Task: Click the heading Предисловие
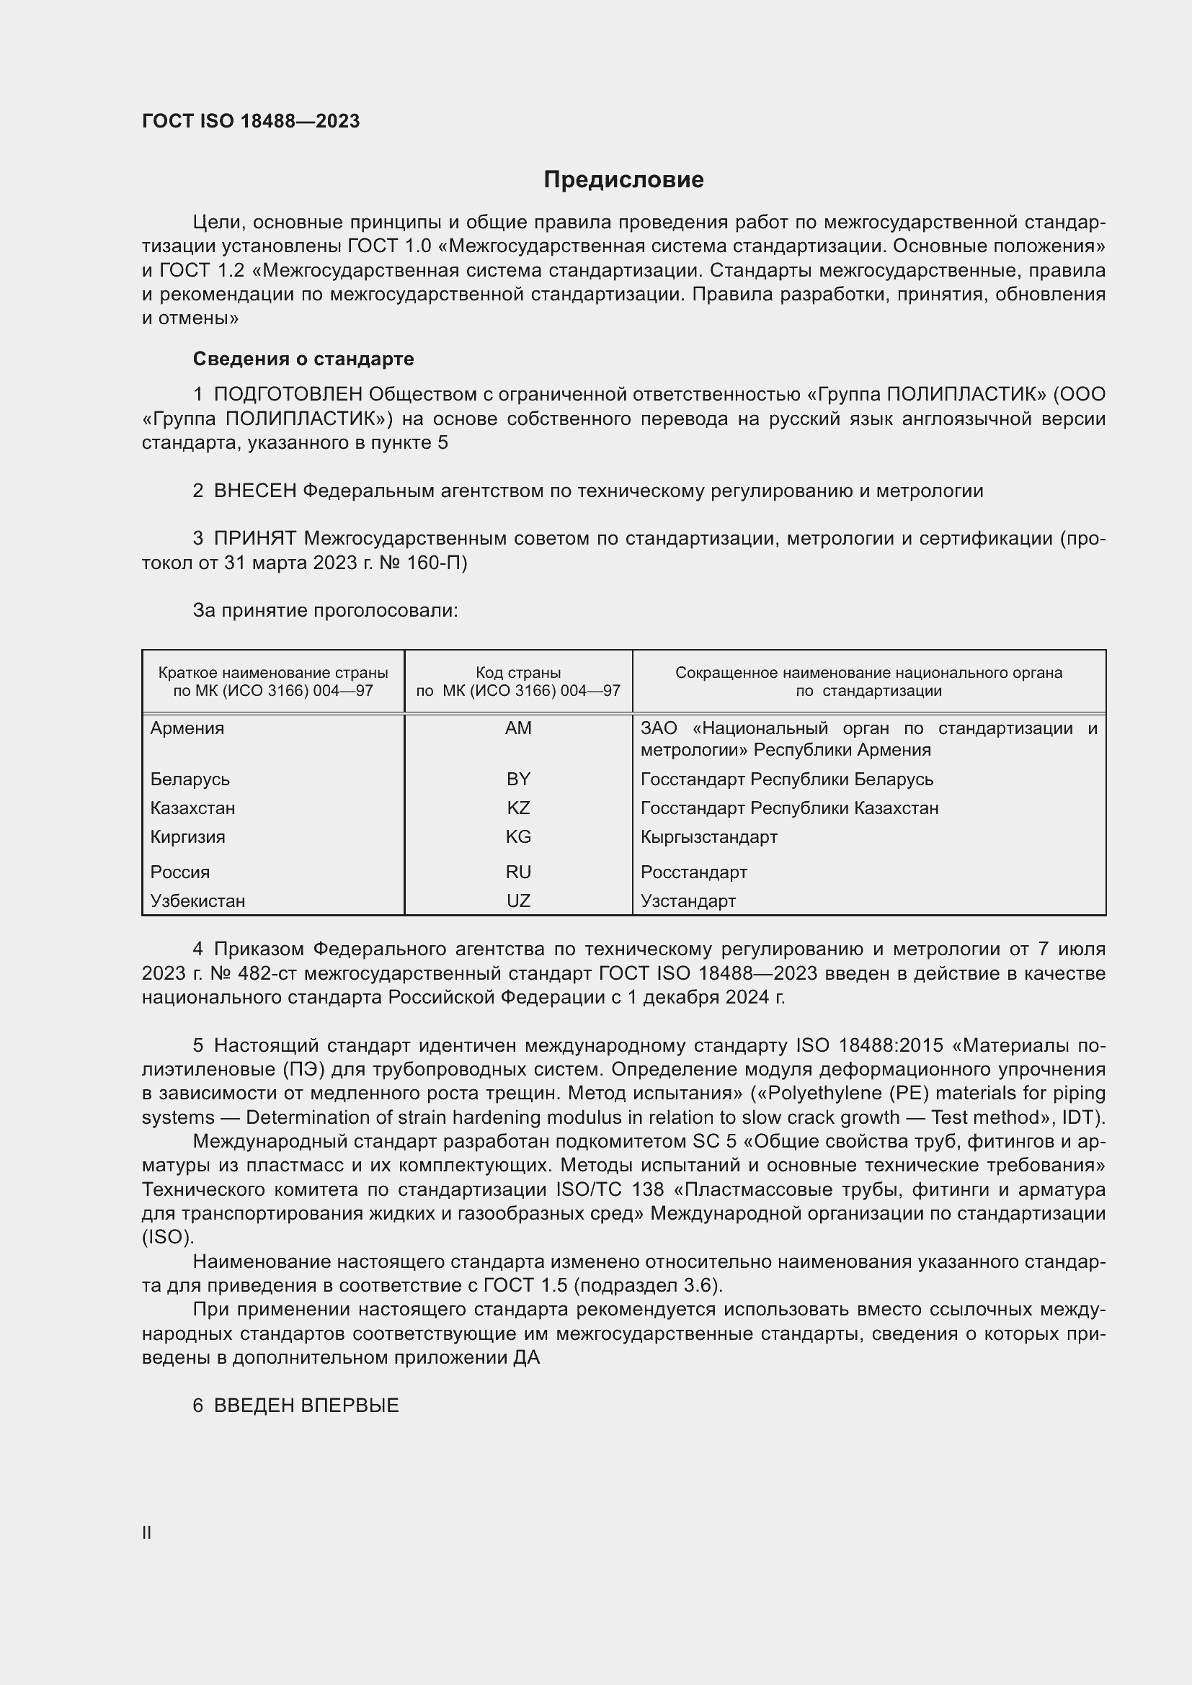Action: tap(623, 180)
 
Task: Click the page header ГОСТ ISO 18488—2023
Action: tap(251, 122)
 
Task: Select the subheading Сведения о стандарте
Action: tap(303, 359)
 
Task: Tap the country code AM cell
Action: tap(518, 728)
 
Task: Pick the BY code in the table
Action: tap(518, 779)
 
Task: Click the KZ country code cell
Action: tap(518, 808)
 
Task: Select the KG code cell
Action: tap(518, 836)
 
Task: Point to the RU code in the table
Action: tap(518, 872)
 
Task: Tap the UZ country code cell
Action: tap(518, 900)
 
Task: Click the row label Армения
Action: tap(187, 728)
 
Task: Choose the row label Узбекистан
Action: tap(197, 900)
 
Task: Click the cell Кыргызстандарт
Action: tap(708, 836)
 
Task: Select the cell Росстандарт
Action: tap(693, 872)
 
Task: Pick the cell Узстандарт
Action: tap(688, 900)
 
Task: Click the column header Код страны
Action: tap(518, 673)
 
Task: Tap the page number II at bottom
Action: tap(147, 1532)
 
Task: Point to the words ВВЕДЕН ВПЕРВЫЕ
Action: tap(306, 1405)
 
